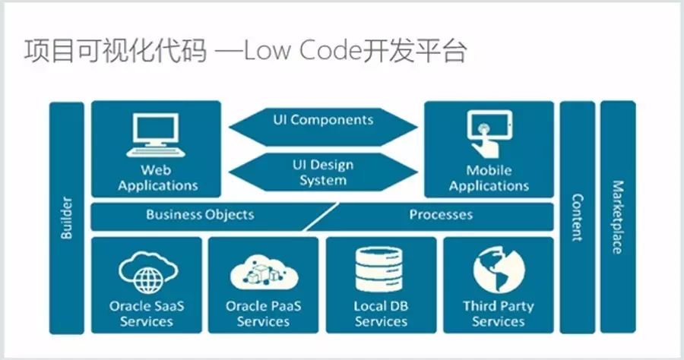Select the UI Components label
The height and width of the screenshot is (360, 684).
(x=323, y=120)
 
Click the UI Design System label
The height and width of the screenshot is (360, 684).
(x=323, y=172)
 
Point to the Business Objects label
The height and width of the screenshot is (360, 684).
(x=200, y=215)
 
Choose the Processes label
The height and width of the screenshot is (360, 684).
(x=441, y=215)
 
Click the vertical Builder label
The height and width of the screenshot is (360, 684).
(x=66, y=218)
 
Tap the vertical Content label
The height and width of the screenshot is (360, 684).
(x=578, y=217)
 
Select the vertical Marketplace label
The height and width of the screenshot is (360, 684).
(x=618, y=217)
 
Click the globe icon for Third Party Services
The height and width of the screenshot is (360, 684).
(x=498, y=270)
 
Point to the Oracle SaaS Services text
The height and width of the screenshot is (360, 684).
(x=147, y=314)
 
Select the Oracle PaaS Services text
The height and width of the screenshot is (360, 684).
(x=264, y=314)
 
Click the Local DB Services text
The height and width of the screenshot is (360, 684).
(x=381, y=314)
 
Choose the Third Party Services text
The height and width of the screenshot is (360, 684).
(x=498, y=314)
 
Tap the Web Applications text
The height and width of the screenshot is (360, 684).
(x=157, y=178)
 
